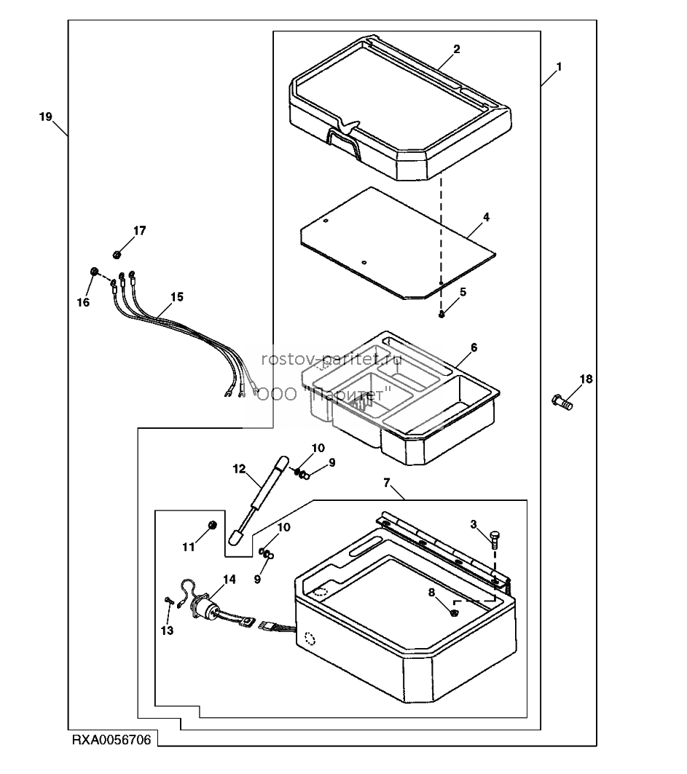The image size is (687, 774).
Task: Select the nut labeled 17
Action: coord(117,255)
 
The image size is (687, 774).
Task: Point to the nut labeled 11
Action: coord(213,525)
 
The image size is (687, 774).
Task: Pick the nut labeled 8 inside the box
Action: coord(454,612)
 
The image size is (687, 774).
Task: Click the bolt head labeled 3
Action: coord(495,535)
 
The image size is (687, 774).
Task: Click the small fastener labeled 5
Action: coord(441,315)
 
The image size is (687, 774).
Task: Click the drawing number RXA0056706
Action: coord(111,740)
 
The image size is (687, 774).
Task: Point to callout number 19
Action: coord(45,117)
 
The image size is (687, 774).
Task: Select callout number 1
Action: coord(559,67)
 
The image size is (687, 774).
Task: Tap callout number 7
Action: coord(387,482)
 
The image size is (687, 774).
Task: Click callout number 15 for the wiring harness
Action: coord(177,296)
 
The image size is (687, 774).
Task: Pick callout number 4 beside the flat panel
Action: coord(486,217)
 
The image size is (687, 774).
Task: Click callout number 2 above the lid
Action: coord(456,49)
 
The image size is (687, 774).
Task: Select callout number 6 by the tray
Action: coord(474,347)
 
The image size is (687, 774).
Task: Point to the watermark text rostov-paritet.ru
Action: coord(332,359)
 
